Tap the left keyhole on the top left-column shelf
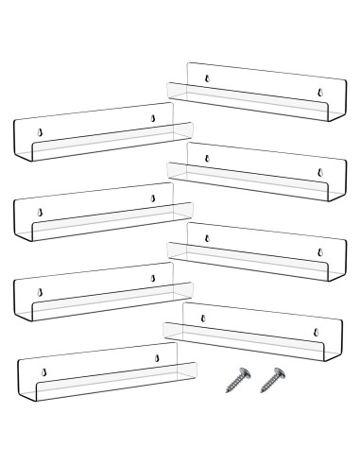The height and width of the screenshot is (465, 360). click(x=40, y=131)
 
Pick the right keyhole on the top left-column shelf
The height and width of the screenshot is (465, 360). click(x=153, y=117)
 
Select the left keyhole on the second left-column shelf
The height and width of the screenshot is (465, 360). click(x=40, y=212)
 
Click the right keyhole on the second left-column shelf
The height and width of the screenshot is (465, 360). click(x=153, y=198)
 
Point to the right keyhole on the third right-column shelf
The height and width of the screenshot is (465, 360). click(x=320, y=252)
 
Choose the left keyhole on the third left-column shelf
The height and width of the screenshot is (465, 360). click(x=40, y=292)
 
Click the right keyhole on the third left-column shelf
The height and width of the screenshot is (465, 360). click(x=153, y=279)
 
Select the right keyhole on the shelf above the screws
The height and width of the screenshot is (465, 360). click(x=317, y=333)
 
